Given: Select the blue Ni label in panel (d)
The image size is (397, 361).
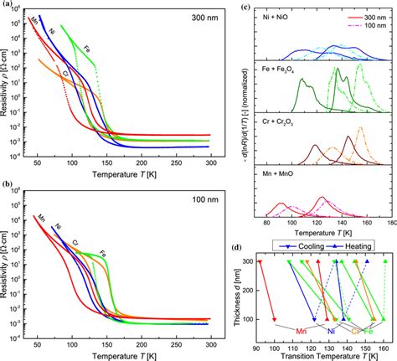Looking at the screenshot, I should (x=331, y=331).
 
